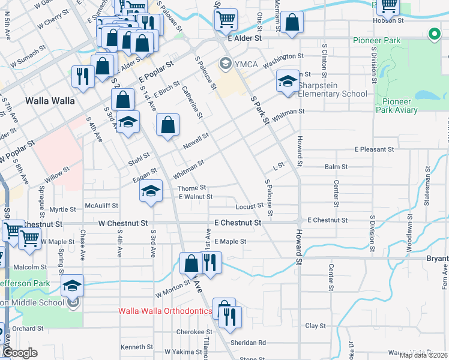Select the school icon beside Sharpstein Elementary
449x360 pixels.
(x=288, y=82)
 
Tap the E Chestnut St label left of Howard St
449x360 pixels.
(x=235, y=223)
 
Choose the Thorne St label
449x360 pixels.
(x=192, y=188)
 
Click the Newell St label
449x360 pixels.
(x=196, y=140)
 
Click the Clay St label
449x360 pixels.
(x=315, y=326)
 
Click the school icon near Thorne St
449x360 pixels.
(x=151, y=191)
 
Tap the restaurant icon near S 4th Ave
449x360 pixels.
(x=82, y=76)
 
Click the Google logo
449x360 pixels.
(x=20, y=353)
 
